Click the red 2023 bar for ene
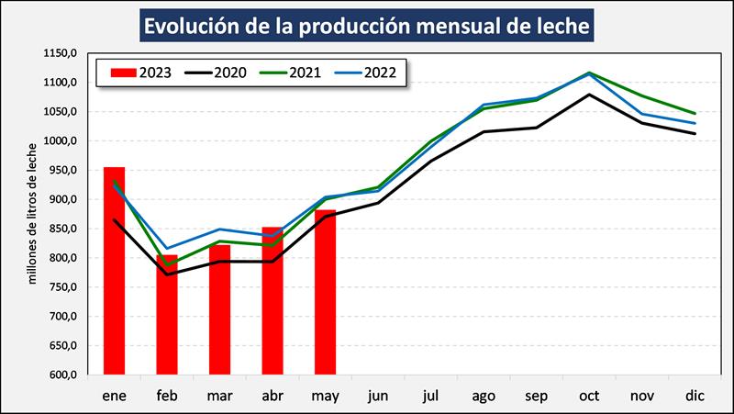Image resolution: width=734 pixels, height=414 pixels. coord(114,271)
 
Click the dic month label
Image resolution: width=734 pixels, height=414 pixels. coord(695,395)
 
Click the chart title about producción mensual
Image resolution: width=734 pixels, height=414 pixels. coord(366,25)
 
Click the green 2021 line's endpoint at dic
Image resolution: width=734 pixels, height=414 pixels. coord(695,114)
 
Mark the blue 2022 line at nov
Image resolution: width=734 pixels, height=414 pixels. coord(642,114)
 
